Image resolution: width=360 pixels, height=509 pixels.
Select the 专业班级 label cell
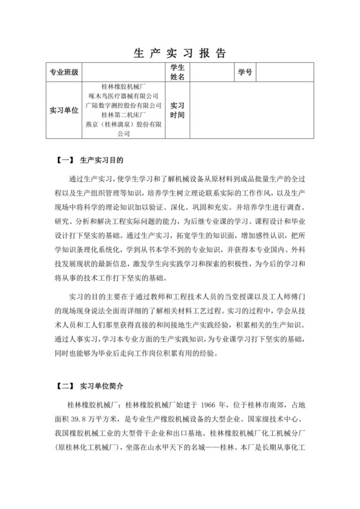[x=64, y=72]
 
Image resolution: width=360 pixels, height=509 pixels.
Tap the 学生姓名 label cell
[x=177, y=72]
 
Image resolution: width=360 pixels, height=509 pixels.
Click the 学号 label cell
[x=245, y=72]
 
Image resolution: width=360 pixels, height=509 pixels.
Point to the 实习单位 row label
[x=64, y=110]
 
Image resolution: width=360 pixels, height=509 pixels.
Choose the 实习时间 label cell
[x=177, y=110]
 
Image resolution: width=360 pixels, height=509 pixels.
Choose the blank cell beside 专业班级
[x=122, y=72]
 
